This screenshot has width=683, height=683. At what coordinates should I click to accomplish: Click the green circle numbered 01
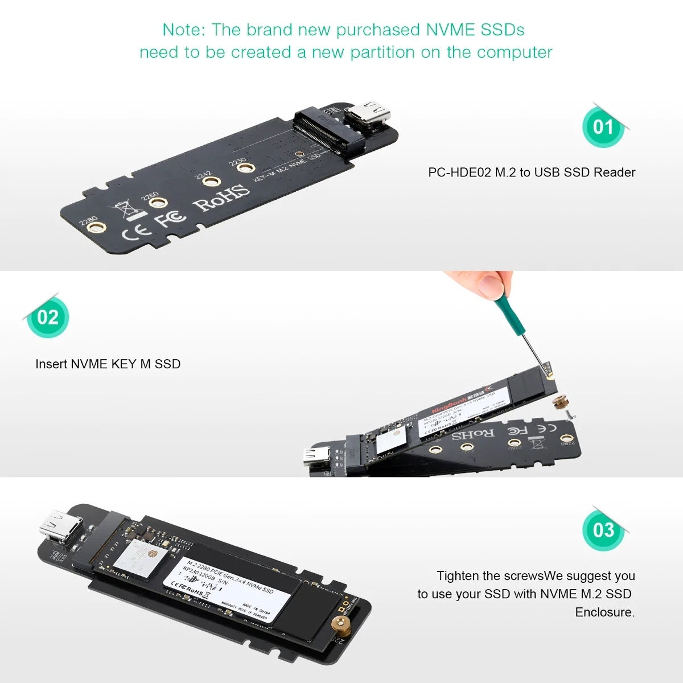[603, 126]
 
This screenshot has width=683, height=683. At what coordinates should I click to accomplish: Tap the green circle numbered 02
[48, 317]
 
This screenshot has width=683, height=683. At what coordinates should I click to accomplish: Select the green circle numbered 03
[603, 530]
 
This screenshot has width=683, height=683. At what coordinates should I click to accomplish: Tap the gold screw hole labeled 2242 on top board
[212, 182]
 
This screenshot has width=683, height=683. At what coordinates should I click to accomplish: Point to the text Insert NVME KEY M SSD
[108, 364]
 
